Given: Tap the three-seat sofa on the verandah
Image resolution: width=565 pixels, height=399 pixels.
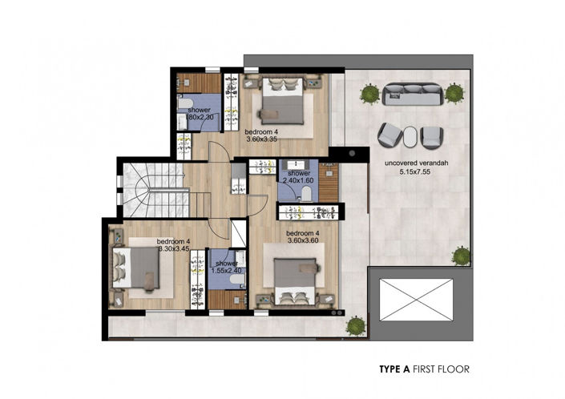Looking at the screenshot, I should click(412, 95).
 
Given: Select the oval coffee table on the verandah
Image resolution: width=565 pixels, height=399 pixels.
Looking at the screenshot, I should click(410, 136).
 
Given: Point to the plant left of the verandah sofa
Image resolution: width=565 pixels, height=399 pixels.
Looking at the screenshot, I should click(369, 95).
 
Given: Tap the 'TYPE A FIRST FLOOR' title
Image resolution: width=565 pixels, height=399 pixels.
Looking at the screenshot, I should click(423, 369).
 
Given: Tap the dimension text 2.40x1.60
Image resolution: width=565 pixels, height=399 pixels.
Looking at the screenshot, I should click(298, 180).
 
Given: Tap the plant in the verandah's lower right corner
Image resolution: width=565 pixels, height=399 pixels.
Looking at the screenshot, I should click(460, 256).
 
